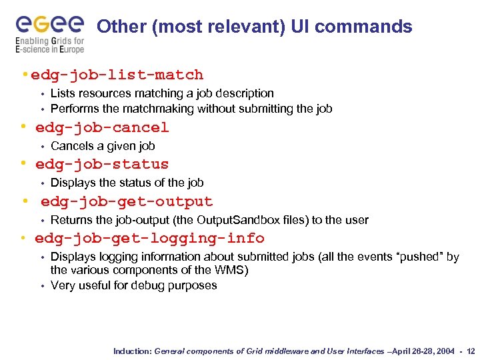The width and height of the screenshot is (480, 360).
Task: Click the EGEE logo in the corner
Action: pyautogui.click(x=50, y=25)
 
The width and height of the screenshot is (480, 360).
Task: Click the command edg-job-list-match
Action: pyautogui.click(x=117, y=75)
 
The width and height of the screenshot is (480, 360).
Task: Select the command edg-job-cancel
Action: pyautogui.click(x=102, y=127)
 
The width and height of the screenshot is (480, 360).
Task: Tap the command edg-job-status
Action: pyautogui.click(x=102, y=164)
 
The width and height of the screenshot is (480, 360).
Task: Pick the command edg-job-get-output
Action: pyautogui.click(x=127, y=201)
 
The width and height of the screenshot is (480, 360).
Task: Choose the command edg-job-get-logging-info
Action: pyautogui.click(x=149, y=238)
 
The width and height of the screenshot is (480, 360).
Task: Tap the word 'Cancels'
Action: pyautogui.click(x=71, y=146)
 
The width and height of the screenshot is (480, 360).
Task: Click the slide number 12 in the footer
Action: pyautogui.click(x=471, y=351)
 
